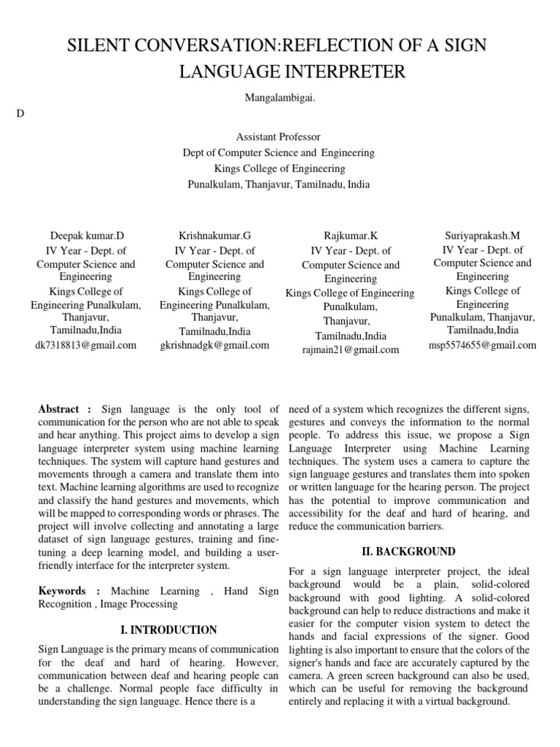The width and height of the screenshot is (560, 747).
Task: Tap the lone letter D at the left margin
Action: [x=19, y=114]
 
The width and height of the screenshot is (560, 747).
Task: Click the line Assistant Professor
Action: [x=279, y=137]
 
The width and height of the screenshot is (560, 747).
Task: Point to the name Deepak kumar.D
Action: [x=87, y=236]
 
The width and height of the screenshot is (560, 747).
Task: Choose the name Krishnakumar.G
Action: [x=214, y=236]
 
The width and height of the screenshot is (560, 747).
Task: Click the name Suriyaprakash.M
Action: [x=483, y=236]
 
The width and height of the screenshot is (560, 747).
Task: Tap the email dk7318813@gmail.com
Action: [x=85, y=345]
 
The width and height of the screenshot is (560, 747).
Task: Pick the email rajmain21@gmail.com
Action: [x=350, y=349]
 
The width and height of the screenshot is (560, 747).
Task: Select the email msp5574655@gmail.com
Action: [x=483, y=345]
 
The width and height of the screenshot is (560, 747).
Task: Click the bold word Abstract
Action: [x=61, y=410]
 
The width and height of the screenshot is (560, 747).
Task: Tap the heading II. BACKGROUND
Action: [x=409, y=551]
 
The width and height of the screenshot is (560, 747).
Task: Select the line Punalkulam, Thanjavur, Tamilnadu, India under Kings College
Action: [x=279, y=185]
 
